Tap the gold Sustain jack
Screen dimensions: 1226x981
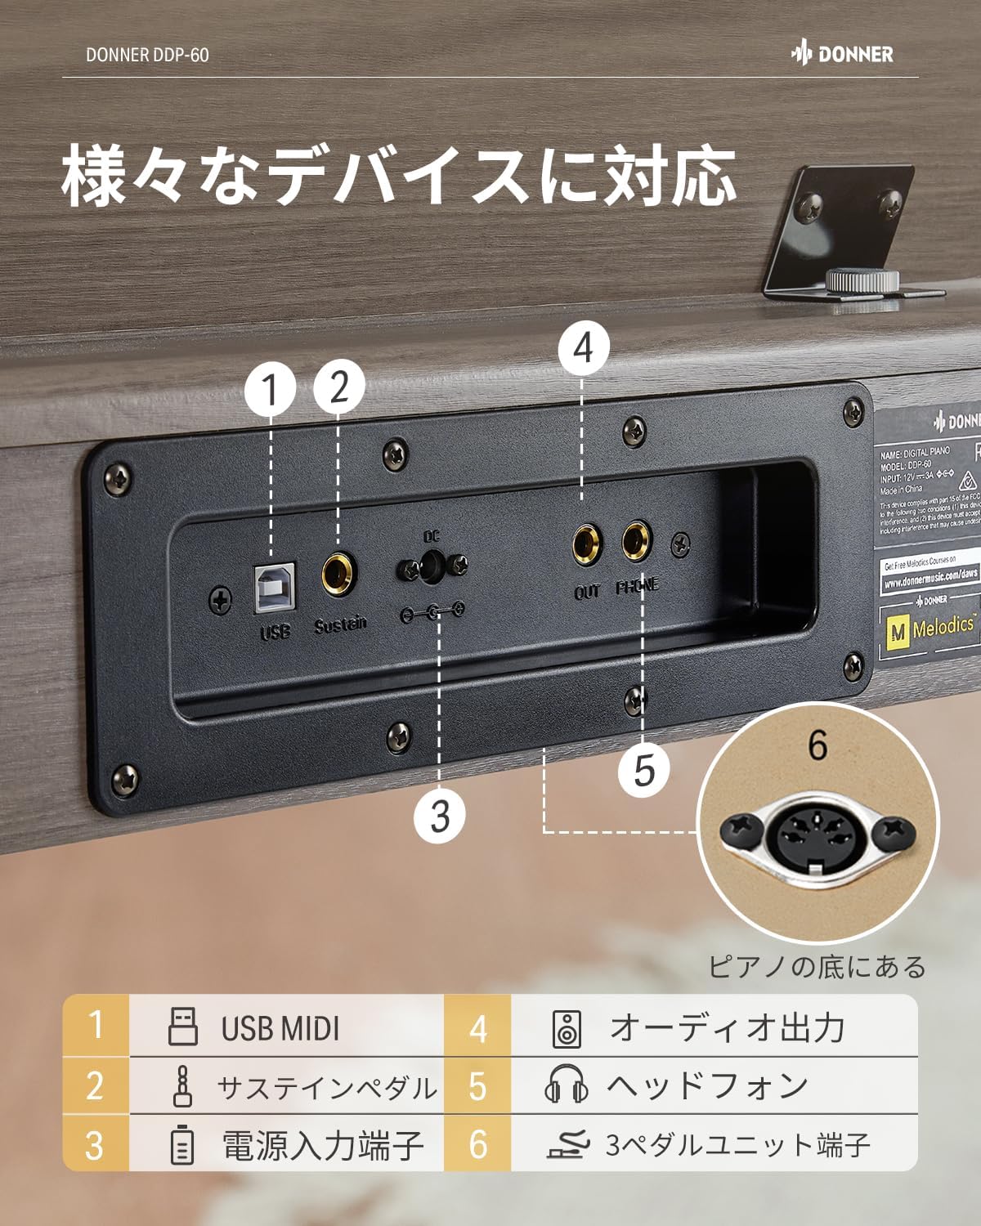[339, 575]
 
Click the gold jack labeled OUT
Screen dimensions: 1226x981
[586, 542]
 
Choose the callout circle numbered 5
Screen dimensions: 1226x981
[643, 769]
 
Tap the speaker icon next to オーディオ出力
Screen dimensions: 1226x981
[567, 1027]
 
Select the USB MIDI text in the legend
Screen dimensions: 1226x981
[280, 1028]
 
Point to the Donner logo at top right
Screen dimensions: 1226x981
[842, 55]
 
